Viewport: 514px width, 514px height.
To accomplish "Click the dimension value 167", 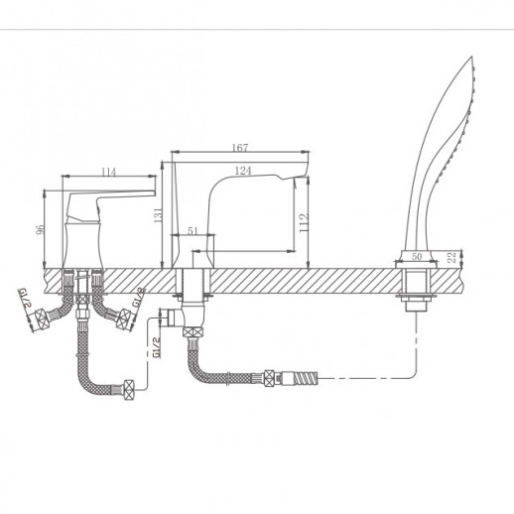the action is [x=240, y=147].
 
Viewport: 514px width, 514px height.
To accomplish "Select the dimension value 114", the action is [x=108, y=172].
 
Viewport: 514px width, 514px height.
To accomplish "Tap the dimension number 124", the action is [x=243, y=171].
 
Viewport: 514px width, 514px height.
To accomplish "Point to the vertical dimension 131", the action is [x=159, y=215].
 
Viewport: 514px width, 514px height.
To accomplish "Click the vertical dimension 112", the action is [x=304, y=222].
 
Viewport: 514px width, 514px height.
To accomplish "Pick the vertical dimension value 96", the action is [x=40, y=229].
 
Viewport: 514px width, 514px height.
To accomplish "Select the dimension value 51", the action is [x=193, y=230].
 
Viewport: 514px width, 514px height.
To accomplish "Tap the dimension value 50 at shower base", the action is [x=417, y=256].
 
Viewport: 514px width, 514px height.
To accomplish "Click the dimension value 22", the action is [x=451, y=257].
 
